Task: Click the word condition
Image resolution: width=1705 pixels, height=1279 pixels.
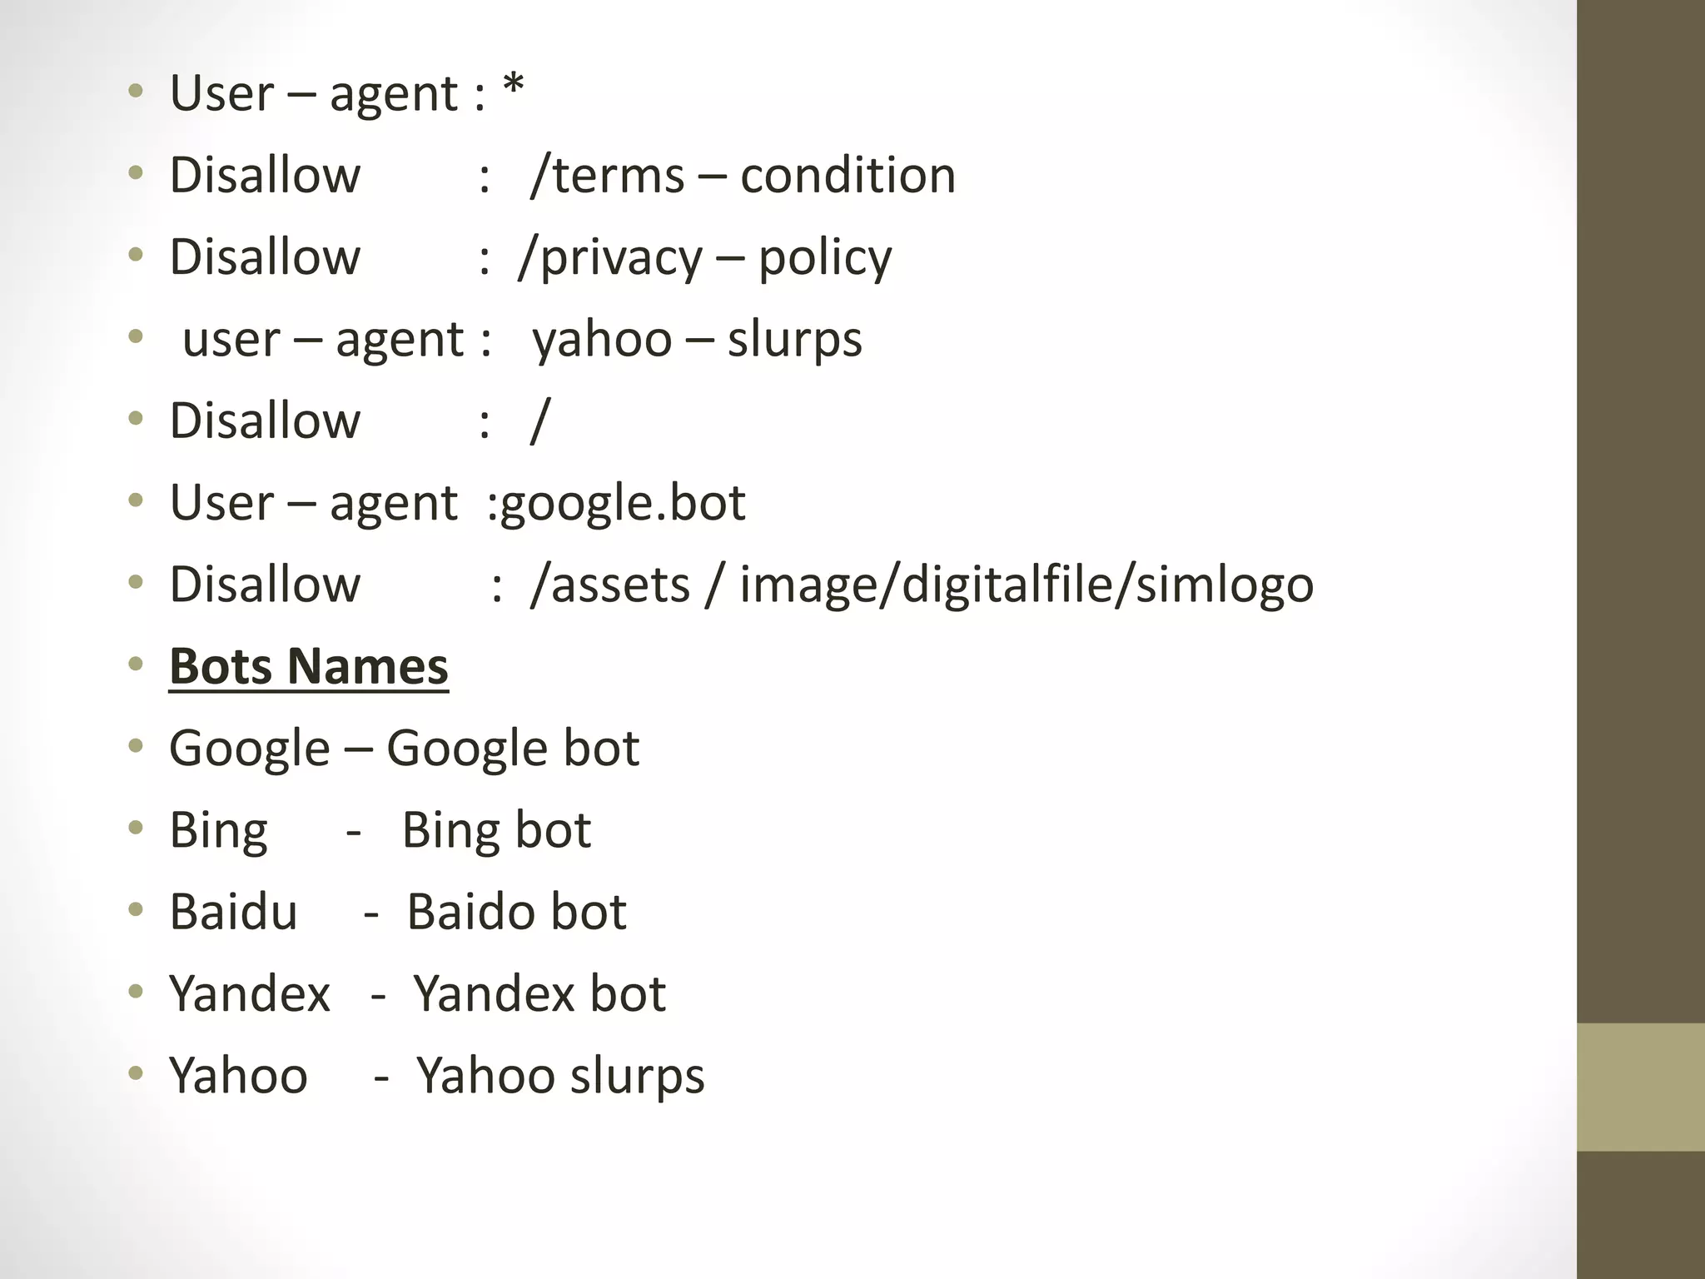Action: pos(848,176)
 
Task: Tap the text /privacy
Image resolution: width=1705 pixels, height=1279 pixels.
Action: pos(610,257)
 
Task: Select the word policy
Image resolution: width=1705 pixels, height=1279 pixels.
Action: pos(824,257)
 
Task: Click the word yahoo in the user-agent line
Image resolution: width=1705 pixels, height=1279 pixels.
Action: pos(602,340)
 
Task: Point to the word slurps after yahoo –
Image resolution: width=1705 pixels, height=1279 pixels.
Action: pos(794,340)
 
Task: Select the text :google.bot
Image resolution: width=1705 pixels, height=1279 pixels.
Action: pos(616,503)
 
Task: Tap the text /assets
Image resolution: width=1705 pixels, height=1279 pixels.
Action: pos(610,585)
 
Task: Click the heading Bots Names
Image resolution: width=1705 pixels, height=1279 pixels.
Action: pos(308,666)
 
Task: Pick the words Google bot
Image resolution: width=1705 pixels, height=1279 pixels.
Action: pos(513,748)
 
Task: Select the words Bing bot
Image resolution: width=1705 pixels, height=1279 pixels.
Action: pos(496,830)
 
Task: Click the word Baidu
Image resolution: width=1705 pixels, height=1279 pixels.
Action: pos(233,912)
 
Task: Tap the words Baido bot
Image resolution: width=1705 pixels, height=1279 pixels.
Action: pos(516,912)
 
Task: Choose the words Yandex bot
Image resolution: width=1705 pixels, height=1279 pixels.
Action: pos(539,993)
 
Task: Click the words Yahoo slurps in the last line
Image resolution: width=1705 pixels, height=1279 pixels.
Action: pos(560,1075)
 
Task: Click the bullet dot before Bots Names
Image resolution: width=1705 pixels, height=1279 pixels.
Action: pos(137,664)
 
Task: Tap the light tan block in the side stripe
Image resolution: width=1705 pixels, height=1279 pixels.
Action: pos(1640,1087)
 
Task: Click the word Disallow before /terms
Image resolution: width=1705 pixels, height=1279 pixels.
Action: pos(265,176)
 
